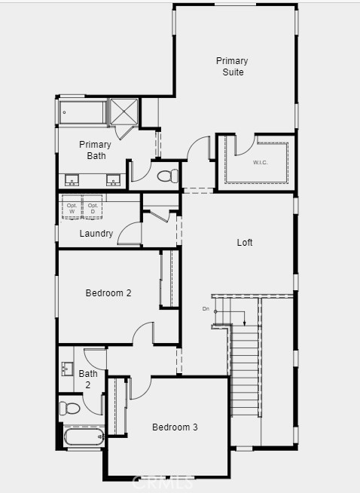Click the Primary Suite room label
(x=232, y=66)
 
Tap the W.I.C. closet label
(x=261, y=162)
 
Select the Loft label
(x=245, y=243)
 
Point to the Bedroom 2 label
(x=108, y=292)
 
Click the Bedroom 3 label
(x=175, y=427)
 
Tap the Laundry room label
(x=96, y=234)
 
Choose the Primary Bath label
(x=96, y=150)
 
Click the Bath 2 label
(x=88, y=378)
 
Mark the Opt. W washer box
(x=72, y=208)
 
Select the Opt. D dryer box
(x=93, y=208)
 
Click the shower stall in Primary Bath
(x=124, y=112)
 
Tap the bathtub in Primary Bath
(x=81, y=112)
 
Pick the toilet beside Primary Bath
(x=168, y=176)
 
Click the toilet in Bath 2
(x=71, y=409)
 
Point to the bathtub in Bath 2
(x=82, y=437)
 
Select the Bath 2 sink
(x=66, y=370)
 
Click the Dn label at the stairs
(x=206, y=309)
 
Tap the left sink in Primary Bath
(x=72, y=180)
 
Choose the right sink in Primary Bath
(x=114, y=180)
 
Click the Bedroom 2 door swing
(x=145, y=333)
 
